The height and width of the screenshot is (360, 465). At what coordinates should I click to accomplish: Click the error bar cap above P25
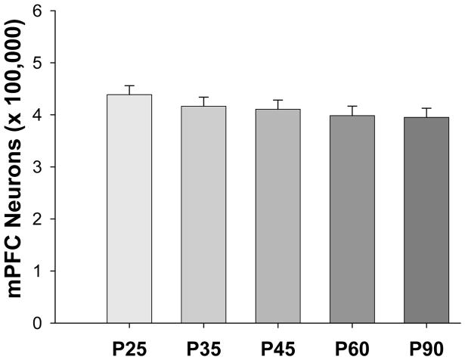pos(129,85)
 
